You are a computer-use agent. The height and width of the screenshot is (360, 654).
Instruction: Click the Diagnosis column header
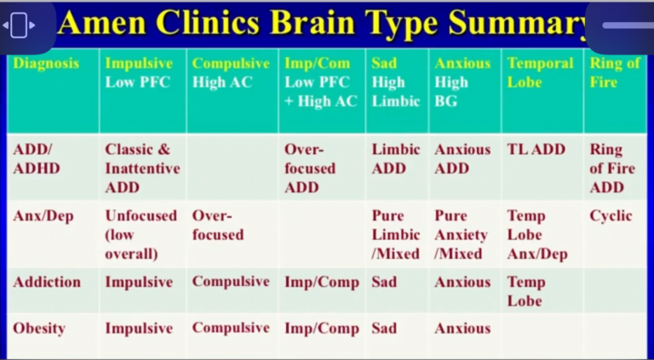(x=46, y=64)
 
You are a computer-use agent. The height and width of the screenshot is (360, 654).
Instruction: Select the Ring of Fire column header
(x=615, y=73)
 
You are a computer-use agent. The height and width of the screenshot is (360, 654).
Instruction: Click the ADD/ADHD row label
(x=37, y=158)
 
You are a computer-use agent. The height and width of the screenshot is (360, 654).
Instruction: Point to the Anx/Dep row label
(x=44, y=216)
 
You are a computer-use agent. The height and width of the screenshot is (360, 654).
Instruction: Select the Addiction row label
(x=48, y=283)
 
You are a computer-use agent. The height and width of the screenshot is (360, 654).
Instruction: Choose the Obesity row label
(x=39, y=329)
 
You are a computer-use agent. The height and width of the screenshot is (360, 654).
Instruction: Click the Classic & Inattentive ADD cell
(x=142, y=168)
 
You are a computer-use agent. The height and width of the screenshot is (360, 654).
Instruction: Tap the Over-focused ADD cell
(x=310, y=168)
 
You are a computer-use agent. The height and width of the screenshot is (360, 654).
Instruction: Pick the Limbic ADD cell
(x=396, y=158)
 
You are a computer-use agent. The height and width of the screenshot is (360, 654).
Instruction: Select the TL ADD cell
(x=536, y=150)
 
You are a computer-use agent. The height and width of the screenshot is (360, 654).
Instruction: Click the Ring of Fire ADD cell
(x=611, y=168)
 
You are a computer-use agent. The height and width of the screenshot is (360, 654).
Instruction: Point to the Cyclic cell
(x=611, y=216)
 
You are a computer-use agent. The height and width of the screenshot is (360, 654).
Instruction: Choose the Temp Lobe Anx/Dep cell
(x=536, y=235)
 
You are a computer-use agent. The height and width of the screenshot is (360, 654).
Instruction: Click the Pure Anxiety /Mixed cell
(x=461, y=235)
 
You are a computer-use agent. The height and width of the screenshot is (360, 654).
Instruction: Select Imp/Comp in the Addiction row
(x=322, y=283)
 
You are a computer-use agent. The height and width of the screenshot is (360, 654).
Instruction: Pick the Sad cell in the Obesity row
(x=384, y=329)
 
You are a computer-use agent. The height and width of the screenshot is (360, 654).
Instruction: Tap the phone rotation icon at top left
(x=19, y=26)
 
